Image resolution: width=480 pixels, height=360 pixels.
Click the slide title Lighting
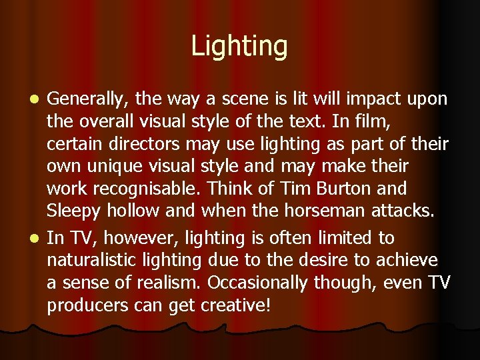click(239, 47)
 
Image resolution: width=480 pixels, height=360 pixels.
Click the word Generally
click(88, 99)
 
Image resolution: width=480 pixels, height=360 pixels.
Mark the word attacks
click(402, 212)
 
